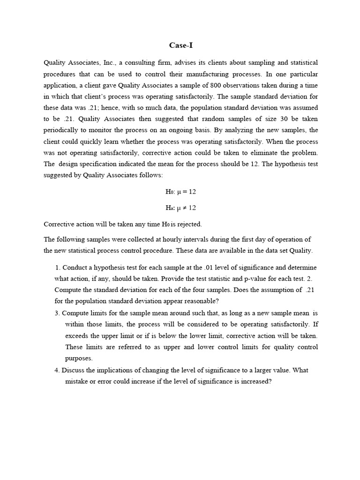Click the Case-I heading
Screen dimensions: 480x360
click(x=180, y=45)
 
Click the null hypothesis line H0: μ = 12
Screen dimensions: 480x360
click(x=180, y=192)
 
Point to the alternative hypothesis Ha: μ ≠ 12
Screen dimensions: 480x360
click(x=180, y=208)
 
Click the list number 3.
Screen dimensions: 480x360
click(x=57, y=313)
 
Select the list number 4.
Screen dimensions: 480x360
click(x=57, y=370)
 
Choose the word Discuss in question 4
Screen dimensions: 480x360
click(x=73, y=370)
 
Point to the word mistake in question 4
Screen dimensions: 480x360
click(x=77, y=381)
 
